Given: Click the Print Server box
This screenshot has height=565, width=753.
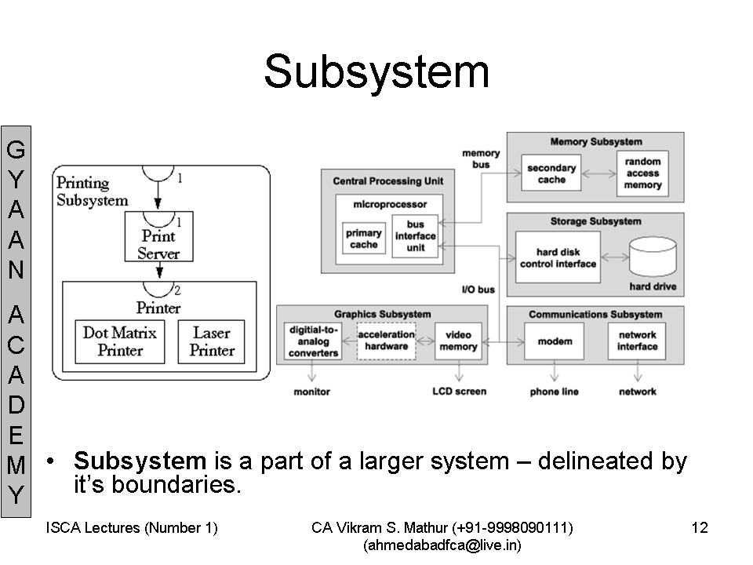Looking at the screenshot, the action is (x=159, y=236).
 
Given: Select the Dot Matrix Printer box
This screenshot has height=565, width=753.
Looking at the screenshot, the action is (x=120, y=341).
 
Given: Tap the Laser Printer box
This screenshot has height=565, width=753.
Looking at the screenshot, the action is (x=211, y=341).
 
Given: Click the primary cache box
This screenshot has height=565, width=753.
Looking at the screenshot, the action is (x=363, y=239).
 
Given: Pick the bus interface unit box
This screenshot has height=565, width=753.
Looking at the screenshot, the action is (x=416, y=236).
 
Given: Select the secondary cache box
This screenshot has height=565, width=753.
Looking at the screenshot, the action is (x=551, y=173).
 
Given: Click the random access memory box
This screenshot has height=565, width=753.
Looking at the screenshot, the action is (x=642, y=173).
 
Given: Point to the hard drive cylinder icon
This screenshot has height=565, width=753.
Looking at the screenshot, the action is (x=653, y=256).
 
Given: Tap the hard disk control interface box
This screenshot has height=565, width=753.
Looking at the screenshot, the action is (x=558, y=257).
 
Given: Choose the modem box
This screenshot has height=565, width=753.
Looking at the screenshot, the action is (x=555, y=341).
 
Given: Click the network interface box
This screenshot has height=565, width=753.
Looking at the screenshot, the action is (x=637, y=341).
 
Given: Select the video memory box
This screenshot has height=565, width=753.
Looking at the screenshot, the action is (x=458, y=341).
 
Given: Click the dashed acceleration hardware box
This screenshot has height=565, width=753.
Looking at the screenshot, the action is (x=387, y=341).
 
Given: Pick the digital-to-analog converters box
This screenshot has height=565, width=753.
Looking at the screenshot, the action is (x=313, y=341).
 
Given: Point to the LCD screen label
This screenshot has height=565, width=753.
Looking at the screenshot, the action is (x=460, y=392).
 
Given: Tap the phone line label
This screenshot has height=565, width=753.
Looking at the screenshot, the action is (x=555, y=392).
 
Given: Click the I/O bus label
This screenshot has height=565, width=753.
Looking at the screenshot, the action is (x=478, y=290).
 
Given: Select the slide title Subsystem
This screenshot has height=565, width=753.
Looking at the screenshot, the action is (x=377, y=72).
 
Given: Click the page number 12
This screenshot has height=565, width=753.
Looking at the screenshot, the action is (x=700, y=527).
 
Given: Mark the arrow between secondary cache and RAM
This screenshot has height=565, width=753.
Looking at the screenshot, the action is (x=598, y=173).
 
